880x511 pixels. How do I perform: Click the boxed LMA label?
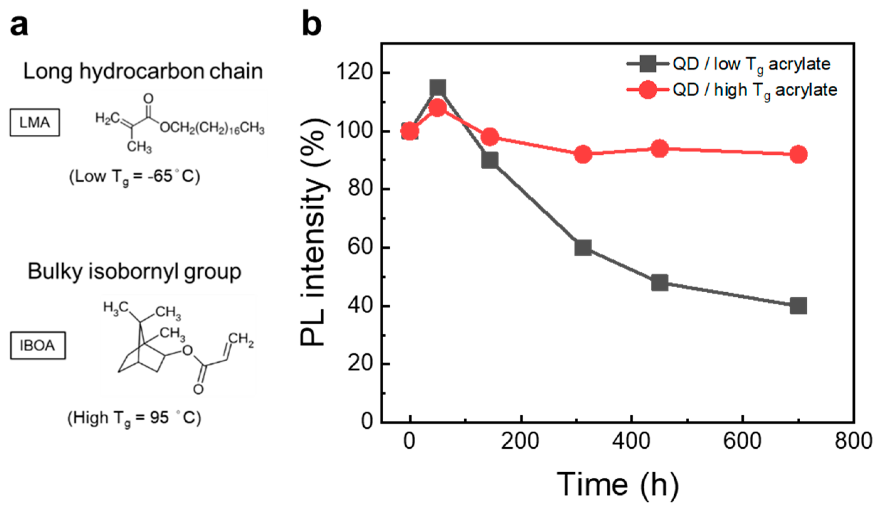[35, 123]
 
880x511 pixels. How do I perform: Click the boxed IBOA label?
[38, 345]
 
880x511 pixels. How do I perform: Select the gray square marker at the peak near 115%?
[438, 88]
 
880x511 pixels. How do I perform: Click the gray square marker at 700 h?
[798, 306]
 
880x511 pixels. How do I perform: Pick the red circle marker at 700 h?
[798, 155]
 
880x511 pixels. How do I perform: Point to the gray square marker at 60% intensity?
[583, 247]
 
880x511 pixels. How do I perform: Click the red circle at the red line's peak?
[438, 108]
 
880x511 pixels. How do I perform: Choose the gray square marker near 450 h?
[659, 283]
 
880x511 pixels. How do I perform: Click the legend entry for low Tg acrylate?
[751, 64]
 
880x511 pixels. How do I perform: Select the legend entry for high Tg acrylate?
[754, 90]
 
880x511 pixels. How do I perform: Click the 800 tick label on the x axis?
[853, 441]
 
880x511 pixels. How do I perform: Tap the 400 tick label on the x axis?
[631, 441]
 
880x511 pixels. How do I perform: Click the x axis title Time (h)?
[617, 484]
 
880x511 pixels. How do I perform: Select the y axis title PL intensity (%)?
[313, 233]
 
